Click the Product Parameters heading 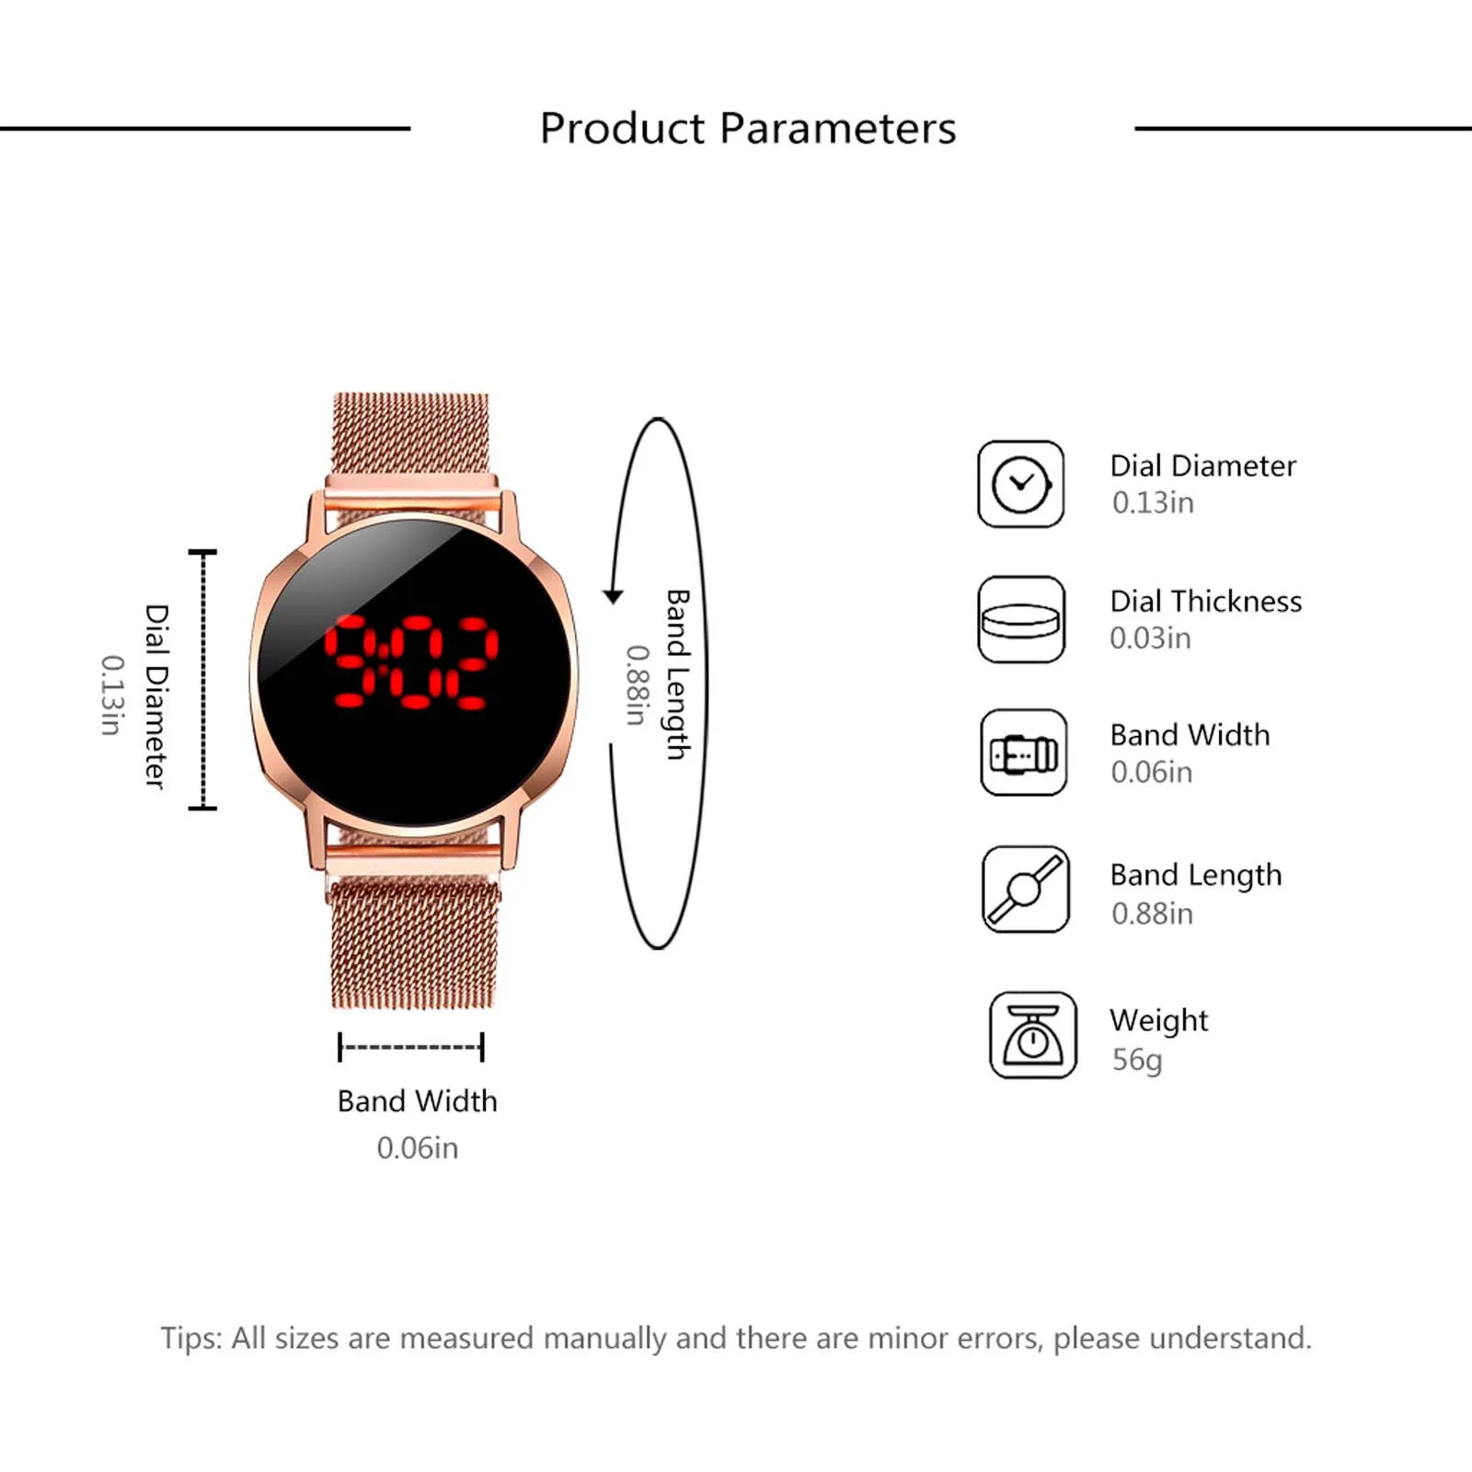[x=748, y=128]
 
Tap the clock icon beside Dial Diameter [x=1020, y=484]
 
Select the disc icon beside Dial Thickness [x=1021, y=619]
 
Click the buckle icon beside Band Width [x=1024, y=753]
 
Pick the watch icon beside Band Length [x=1026, y=890]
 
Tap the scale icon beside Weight [x=1033, y=1035]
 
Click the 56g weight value [x=1137, y=1061]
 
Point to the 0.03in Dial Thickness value [x=1150, y=638]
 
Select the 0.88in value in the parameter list [x=1152, y=914]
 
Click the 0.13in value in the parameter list [x=1153, y=502]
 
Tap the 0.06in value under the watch [x=417, y=1148]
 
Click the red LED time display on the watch [x=411, y=662]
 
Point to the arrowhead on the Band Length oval [x=613, y=596]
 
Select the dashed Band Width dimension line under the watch [x=411, y=1047]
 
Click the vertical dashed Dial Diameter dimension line [x=202, y=680]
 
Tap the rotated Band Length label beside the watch [x=677, y=674]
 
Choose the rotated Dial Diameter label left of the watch [x=157, y=696]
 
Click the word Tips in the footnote [x=191, y=1339]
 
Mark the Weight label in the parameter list [x=1158, y=1020]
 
